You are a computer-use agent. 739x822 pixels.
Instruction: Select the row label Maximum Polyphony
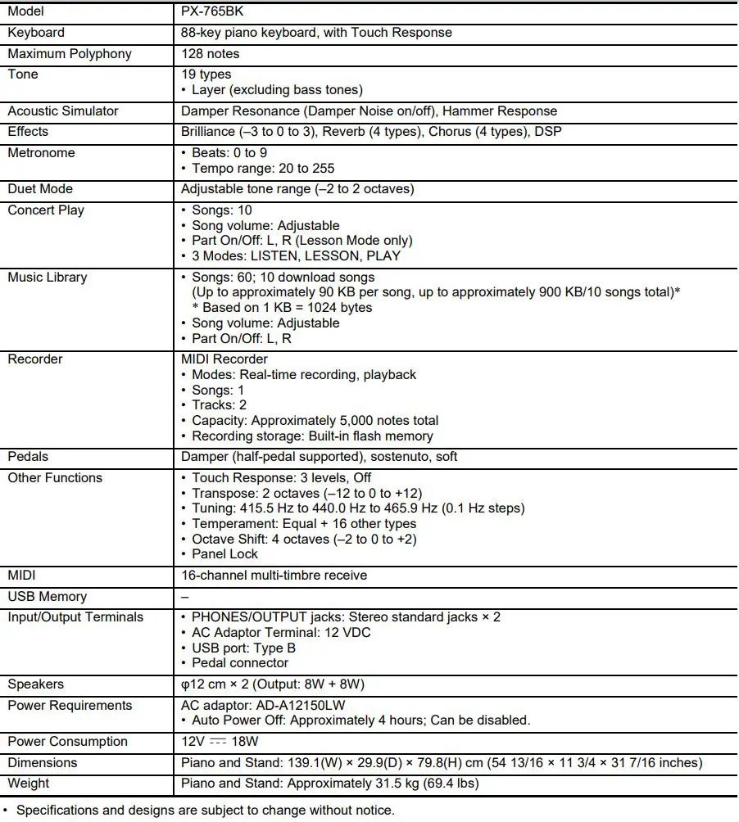point(70,54)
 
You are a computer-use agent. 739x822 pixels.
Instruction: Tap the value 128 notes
point(211,54)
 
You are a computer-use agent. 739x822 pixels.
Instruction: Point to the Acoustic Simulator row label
point(63,111)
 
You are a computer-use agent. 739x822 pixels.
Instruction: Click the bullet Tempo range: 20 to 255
point(263,169)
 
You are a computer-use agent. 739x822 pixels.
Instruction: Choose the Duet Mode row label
point(40,189)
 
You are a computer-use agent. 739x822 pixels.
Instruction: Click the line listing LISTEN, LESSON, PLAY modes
point(296,256)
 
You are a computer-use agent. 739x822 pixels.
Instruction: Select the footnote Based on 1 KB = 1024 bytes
point(283,308)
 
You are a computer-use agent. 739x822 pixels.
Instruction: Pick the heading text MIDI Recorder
point(224,359)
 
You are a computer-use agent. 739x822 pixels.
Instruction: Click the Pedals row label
point(29,457)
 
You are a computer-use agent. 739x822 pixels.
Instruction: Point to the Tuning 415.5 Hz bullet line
point(358,508)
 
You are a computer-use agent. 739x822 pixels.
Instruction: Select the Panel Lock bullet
point(225,554)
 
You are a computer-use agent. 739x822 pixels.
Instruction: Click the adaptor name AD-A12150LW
point(306,706)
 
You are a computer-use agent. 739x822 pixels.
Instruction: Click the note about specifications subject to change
point(205,811)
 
